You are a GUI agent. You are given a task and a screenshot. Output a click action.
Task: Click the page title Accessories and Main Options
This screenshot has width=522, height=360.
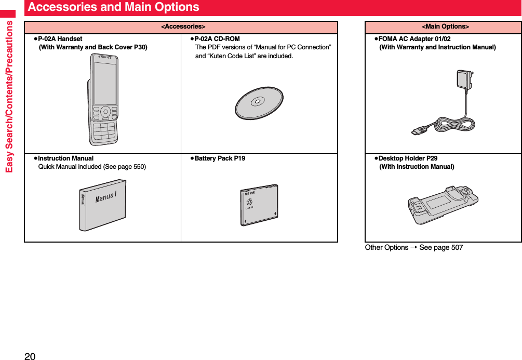pos(113,7)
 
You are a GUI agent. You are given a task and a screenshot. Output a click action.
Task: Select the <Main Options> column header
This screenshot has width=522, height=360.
pos(445,26)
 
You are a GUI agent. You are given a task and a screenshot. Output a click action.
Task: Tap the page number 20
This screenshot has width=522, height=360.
pos(30,356)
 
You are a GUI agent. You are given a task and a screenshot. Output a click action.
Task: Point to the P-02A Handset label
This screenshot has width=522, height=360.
pos(60,39)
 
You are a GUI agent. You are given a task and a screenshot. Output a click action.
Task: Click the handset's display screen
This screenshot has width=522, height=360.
pos(105,83)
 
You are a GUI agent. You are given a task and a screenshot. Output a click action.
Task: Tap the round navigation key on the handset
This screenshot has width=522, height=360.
pos(105,112)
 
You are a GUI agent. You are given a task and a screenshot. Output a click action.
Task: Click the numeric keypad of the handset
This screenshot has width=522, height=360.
pos(104,131)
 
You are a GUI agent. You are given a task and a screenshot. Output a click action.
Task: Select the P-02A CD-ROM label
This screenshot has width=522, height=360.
pos(217,39)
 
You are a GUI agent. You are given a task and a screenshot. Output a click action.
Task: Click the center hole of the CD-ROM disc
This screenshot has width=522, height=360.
pos(258,102)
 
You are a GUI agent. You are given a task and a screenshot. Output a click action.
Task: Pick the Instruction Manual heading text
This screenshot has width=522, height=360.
pos(66,158)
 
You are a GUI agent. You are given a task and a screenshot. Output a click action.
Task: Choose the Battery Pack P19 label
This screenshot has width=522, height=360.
pos(220,158)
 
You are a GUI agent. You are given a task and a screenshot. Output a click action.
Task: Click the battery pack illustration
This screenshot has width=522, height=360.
pos(259,205)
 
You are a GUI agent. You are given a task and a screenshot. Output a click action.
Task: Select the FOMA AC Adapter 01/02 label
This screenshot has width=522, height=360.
pos(414,39)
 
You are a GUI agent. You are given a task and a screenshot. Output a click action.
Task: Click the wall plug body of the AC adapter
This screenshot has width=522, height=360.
pos(463,80)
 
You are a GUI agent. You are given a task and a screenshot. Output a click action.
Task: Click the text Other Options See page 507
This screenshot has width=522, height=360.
pos(413,248)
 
